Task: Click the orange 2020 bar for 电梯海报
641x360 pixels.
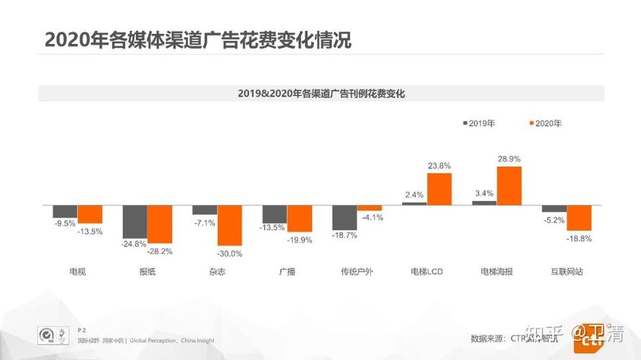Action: (509, 186)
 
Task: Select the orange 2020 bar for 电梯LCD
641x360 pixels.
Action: (439, 189)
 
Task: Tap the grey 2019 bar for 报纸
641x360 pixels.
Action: (135, 222)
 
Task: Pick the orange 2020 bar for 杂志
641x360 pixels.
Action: (230, 226)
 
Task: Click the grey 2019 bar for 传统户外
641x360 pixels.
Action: (344, 217)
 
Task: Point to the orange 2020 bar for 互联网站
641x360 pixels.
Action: (579, 217)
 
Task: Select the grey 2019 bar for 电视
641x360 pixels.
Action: (65, 211)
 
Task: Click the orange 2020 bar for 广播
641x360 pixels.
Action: (300, 218)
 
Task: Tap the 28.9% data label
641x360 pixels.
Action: (510, 158)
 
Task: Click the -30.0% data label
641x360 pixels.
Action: (230, 254)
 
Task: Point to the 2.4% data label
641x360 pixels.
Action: (415, 194)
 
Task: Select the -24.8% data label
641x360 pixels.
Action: (134, 243)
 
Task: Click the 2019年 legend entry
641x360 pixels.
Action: (479, 123)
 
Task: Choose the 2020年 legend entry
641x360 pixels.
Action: (545, 123)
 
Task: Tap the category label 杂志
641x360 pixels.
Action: (217, 272)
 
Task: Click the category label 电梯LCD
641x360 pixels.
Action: (426, 272)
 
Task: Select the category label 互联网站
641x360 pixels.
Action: (566, 272)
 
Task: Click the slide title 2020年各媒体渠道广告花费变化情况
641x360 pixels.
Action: (197, 40)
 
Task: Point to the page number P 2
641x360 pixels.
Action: (81, 328)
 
